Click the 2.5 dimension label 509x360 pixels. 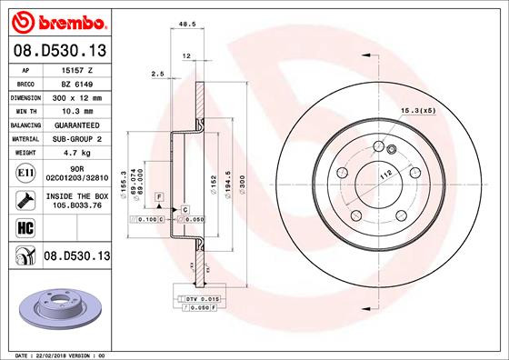156,73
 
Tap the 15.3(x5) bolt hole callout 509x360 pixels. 417,111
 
